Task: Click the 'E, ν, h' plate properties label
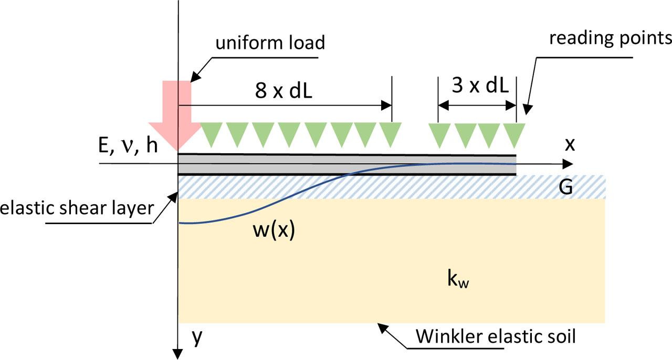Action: (123, 147)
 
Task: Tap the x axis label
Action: (570, 145)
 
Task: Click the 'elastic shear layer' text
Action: (77, 208)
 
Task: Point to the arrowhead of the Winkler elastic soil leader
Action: (381, 326)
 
